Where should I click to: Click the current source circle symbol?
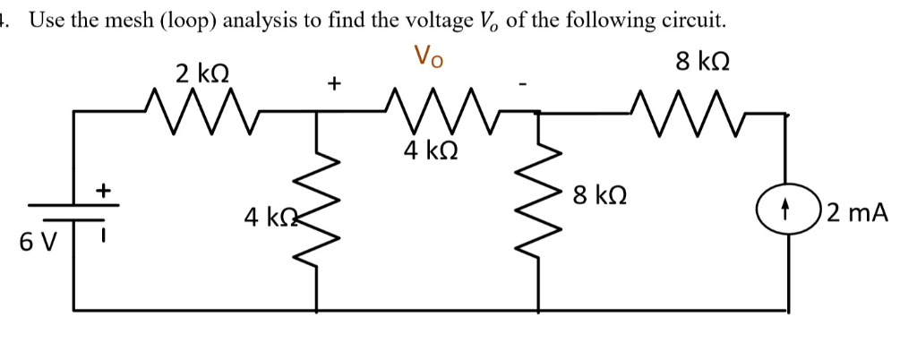coord(786,213)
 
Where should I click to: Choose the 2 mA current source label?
coord(858,213)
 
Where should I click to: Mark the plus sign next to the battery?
coord(104,190)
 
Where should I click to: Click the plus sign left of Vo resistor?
coord(333,84)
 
